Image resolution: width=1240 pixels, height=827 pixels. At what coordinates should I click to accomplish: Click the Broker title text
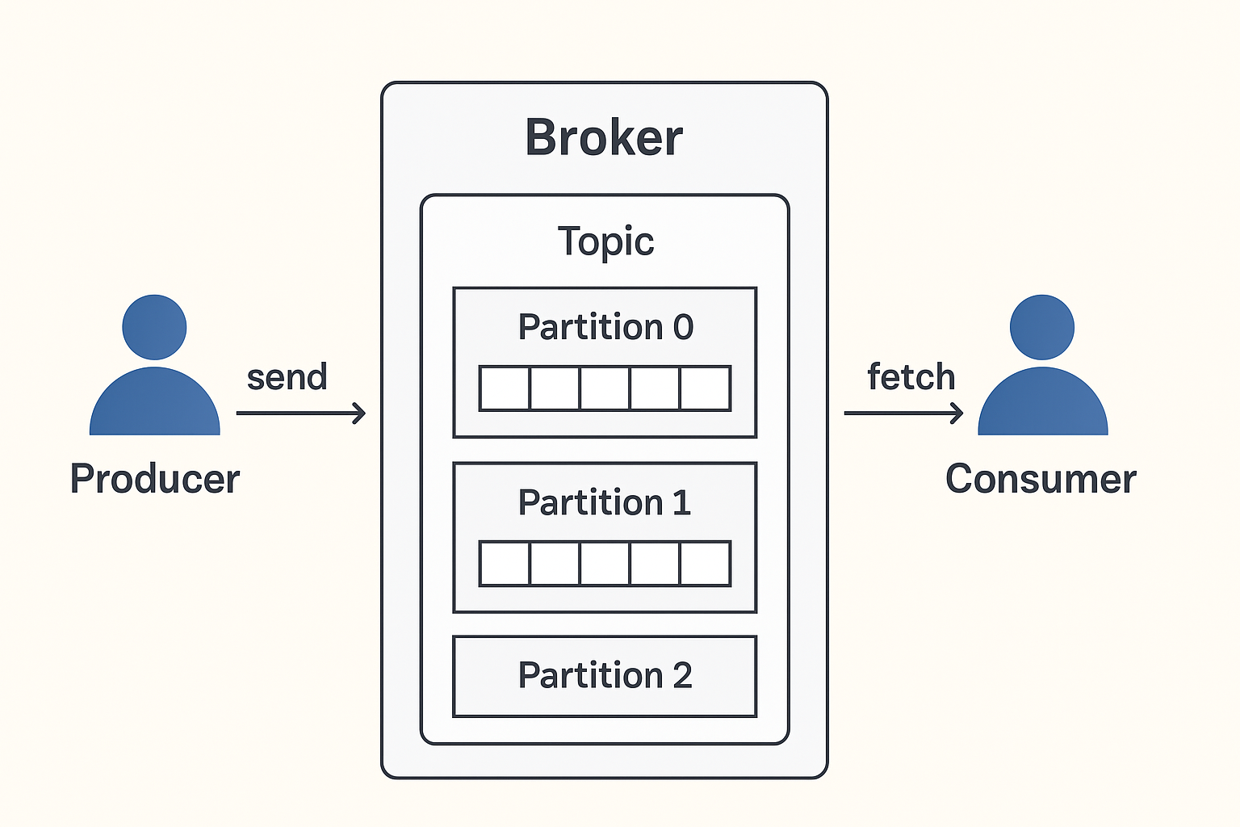click(x=604, y=136)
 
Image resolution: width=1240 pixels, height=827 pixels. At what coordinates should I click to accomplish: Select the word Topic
click(x=605, y=241)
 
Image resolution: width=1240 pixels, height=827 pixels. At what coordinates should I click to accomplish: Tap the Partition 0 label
click(x=605, y=326)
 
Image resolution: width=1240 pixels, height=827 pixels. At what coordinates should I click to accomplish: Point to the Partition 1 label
click(x=605, y=502)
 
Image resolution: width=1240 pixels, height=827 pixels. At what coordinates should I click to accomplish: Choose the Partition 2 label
click(x=605, y=675)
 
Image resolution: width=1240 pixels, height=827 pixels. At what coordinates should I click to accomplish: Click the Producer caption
click(x=155, y=479)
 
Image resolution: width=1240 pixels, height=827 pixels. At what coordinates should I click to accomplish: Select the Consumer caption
click(x=1041, y=479)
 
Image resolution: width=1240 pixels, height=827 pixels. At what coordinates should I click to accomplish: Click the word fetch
click(x=911, y=376)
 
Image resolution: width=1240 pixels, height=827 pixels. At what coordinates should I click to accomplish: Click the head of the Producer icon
click(x=154, y=327)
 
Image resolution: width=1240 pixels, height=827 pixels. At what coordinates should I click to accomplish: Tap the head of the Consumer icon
click(x=1042, y=327)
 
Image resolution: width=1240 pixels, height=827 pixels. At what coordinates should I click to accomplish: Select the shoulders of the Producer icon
click(x=155, y=401)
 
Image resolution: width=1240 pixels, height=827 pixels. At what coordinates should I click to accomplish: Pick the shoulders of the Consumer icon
click(x=1043, y=401)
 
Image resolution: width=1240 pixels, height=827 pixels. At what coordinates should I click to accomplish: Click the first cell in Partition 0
click(x=505, y=388)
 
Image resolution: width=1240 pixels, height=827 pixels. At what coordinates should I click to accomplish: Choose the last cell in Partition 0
click(x=705, y=388)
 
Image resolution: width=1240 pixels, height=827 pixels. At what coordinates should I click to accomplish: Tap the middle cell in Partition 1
click(x=605, y=564)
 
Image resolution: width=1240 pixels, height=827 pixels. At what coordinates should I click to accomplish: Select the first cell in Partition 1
click(x=505, y=564)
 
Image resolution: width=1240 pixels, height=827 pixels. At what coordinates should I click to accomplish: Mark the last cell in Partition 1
click(x=705, y=564)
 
